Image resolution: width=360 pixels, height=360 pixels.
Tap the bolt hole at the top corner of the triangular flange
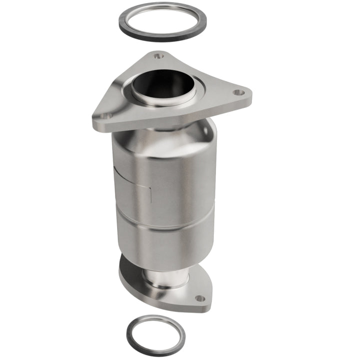pos(158,56)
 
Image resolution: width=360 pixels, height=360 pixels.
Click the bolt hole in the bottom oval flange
pos(199,298)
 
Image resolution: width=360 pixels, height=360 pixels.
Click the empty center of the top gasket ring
pos(162,21)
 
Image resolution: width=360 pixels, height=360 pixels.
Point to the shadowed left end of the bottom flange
pos(123,272)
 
